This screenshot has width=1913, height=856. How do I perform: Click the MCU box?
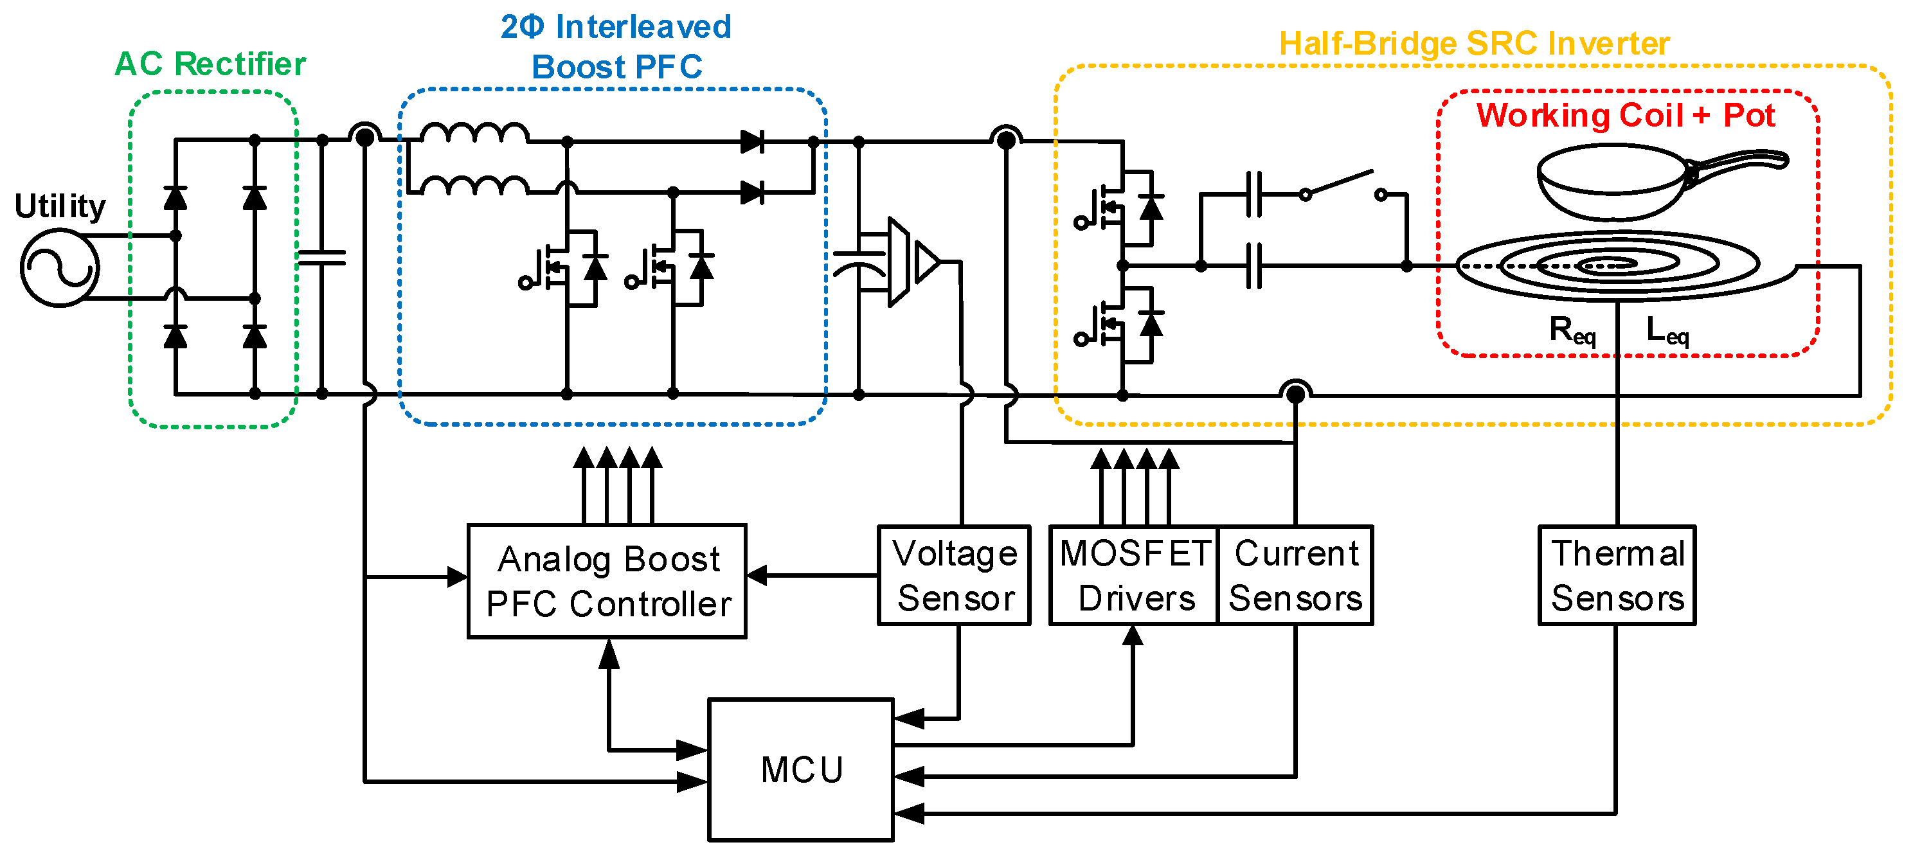pos(800,769)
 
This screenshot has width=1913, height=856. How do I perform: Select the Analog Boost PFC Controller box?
pos(607,580)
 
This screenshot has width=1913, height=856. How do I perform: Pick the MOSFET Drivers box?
pos(1134,575)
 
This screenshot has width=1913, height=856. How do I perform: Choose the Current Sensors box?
pos(1295,575)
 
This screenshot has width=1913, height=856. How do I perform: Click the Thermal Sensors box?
pos(1617,575)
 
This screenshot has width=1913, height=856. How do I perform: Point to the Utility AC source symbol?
pos(59,268)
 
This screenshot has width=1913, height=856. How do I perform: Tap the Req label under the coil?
pos(1572,330)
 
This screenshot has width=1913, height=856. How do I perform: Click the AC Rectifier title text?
pos(210,64)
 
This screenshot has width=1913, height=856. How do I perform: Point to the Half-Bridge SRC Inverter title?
pos(1474,44)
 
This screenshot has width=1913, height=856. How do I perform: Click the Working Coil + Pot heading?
pos(1626,115)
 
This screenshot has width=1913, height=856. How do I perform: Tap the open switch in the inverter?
pos(1343,186)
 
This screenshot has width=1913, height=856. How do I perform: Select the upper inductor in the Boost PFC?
pos(474,133)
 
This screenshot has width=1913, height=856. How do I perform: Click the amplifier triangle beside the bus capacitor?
pos(927,262)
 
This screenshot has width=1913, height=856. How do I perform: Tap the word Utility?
pos(60,206)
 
